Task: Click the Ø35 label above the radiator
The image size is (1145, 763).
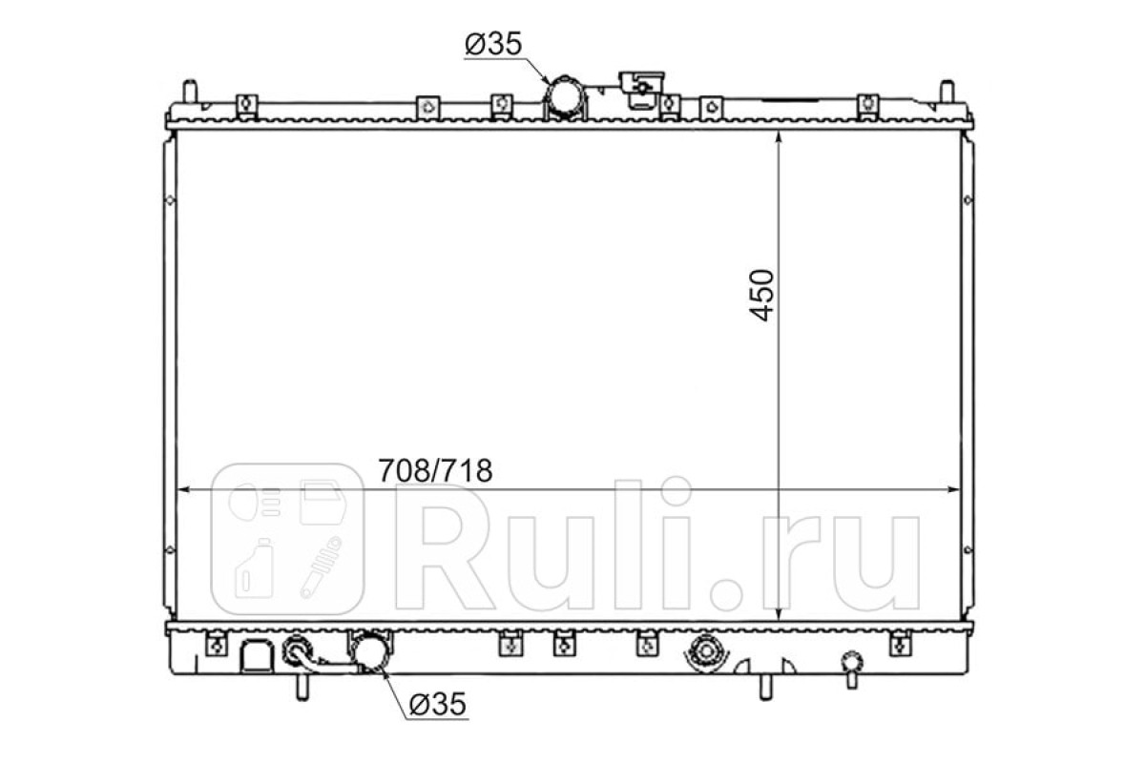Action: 493,44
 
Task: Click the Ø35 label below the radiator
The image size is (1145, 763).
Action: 438,704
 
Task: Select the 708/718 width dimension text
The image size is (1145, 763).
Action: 435,470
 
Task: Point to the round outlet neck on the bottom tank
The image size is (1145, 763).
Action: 369,651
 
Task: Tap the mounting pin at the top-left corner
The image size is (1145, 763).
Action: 190,92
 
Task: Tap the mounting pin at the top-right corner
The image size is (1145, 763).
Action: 947,92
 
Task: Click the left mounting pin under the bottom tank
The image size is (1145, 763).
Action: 302,688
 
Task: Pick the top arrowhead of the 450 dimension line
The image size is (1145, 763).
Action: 778,139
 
